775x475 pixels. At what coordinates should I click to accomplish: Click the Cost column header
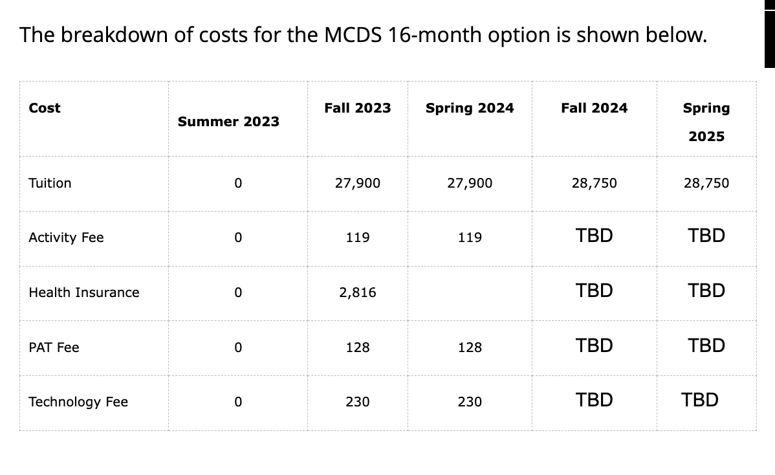click(45, 108)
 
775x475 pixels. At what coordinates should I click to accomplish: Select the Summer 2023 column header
click(228, 122)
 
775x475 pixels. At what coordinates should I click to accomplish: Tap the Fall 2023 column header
click(358, 108)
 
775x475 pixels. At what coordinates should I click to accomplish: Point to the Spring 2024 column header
click(470, 108)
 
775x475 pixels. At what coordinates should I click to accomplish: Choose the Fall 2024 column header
click(595, 108)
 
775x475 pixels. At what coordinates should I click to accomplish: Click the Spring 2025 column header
click(706, 122)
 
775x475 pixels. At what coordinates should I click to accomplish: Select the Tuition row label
click(50, 183)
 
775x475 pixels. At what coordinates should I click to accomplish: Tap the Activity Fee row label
click(66, 237)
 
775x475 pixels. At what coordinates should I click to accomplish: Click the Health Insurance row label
click(84, 293)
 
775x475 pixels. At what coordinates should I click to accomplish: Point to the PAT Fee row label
click(54, 348)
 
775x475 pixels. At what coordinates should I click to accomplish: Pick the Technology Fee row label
click(78, 402)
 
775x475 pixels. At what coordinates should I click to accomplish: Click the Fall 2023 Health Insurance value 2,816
click(358, 293)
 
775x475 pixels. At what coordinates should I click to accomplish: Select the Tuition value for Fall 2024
click(595, 183)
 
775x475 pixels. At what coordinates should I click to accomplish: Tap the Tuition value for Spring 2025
click(706, 183)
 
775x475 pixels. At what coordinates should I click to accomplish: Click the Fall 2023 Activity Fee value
click(358, 237)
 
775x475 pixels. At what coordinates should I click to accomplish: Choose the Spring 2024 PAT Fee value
click(470, 348)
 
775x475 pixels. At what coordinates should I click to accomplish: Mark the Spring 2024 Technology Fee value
click(470, 402)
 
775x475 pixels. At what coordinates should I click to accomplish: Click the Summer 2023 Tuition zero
click(238, 183)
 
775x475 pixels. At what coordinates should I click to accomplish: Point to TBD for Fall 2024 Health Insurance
click(595, 291)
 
